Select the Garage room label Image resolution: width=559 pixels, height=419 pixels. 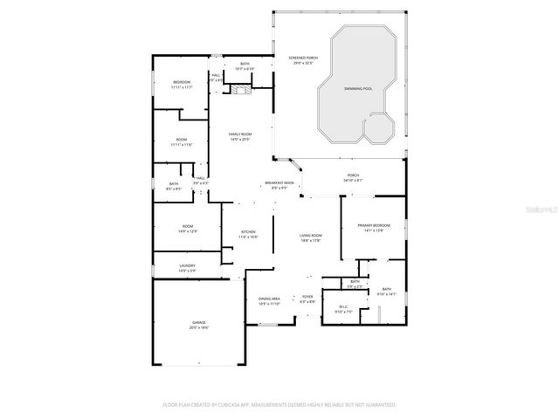tap(199, 325)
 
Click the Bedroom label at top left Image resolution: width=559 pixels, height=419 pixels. tap(181, 84)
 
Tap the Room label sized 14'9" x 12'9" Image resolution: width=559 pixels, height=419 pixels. tap(188, 229)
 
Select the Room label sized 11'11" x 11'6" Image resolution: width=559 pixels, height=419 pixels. tap(182, 141)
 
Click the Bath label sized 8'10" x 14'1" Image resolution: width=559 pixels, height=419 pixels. tap(386, 292)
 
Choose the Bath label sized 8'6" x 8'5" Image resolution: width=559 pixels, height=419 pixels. tap(174, 185)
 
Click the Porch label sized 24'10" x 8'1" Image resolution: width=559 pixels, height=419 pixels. tap(353, 177)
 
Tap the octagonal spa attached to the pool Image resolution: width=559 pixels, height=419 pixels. tap(379, 130)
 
